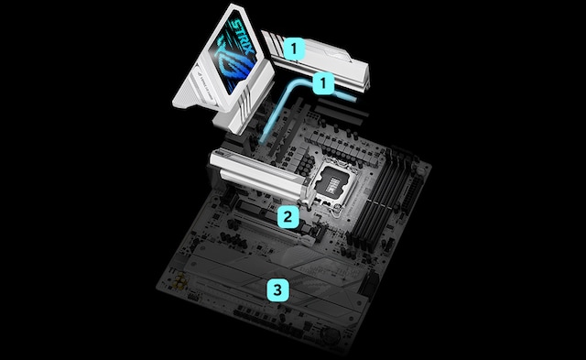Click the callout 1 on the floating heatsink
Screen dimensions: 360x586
pyautogui.click(x=293, y=44)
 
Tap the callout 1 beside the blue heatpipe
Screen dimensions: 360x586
pyautogui.click(x=321, y=83)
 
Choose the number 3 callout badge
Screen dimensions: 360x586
pyautogui.click(x=277, y=291)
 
